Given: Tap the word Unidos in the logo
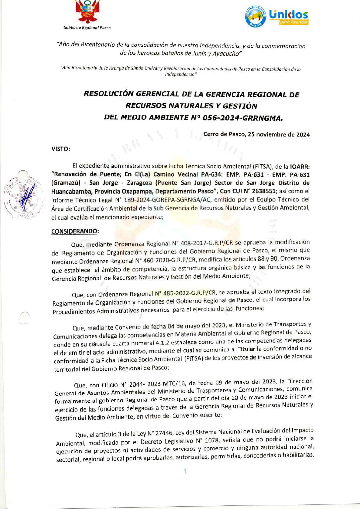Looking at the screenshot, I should click(288, 14).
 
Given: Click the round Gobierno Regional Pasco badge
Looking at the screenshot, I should click(256, 16).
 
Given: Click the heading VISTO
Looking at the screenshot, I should click(61, 149).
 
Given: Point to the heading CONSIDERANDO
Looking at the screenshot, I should click(75, 232).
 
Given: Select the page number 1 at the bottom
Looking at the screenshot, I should click(185, 471).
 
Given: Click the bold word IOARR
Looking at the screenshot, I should click(299, 166).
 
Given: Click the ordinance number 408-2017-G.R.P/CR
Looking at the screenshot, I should click(207, 243).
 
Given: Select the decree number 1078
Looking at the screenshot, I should click(211, 441).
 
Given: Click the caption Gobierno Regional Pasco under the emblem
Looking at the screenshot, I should click(87, 28).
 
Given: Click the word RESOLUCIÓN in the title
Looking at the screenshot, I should click(109, 94).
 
